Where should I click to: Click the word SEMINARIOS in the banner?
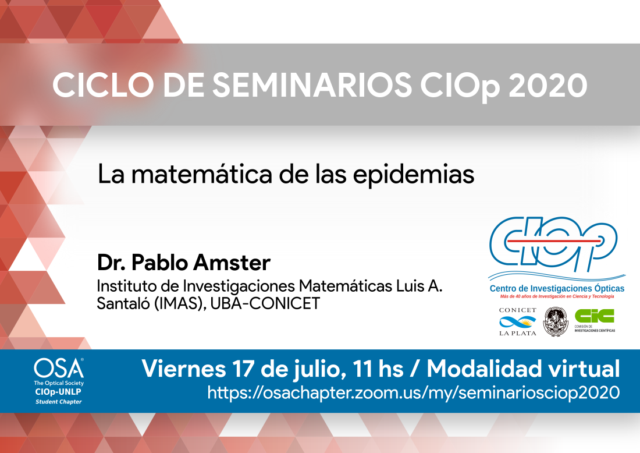point(312,85)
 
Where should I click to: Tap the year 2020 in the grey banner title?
point(547,85)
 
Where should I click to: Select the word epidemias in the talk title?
point(414,175)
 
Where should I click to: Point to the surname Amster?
point(232,262)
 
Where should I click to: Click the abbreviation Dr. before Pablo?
point(111,262)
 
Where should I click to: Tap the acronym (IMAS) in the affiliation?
point(180,303)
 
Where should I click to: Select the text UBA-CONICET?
point(265,303)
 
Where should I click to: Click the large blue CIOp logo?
point(553,243)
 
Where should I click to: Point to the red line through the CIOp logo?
point(553,242)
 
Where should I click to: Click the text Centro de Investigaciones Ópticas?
point(557,288)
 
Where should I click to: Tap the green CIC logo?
point(594,316)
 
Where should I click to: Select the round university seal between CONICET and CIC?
point(556,321)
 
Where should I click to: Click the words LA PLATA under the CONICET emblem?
point(518,333)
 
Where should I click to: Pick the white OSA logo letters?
point(59,368)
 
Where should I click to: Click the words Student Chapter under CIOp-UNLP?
point(58,402)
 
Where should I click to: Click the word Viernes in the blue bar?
point(184,369)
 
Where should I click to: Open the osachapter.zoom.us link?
point(414,392)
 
